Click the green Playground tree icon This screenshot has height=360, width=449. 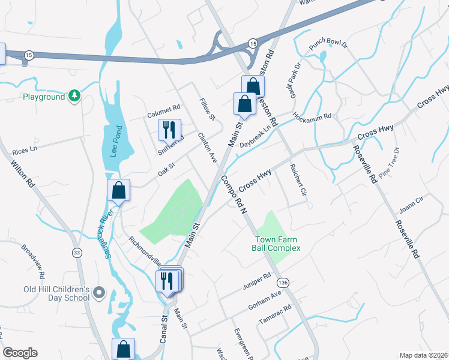(x=74, y=96)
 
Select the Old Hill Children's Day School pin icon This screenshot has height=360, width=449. (x=100, y=293)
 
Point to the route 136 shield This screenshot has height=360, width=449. (x=284, y=283)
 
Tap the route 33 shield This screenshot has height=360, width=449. (x=77, y=253)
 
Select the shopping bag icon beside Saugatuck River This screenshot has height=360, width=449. (x=119, y=190)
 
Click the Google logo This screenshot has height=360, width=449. (x=20, y=353)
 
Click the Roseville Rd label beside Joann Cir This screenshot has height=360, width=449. (x=407, y=238)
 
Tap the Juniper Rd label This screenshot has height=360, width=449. (x=257, y=280)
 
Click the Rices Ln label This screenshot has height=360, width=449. (x=25, y=149)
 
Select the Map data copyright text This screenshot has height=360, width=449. (x=423, y=355)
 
